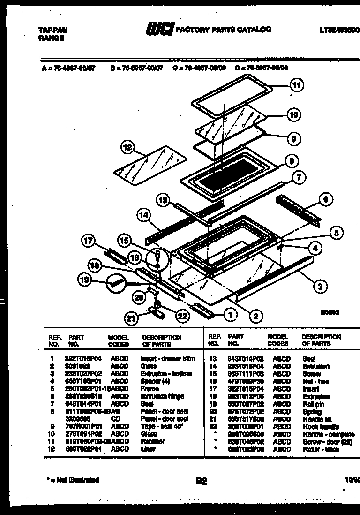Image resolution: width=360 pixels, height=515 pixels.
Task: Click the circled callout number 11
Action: pyautogui.click(x=296, y=85)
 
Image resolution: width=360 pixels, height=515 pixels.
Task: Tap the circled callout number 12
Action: pyautogui.click(x=127, y=148)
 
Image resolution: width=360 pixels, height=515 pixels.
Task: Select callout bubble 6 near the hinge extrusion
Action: pyautogui.click(x=326, y=199)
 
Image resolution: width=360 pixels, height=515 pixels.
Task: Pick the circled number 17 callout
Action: pyautogui.click(x=88, y=242)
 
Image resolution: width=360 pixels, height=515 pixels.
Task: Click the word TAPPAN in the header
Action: pyautogui.click(x=52, y=30)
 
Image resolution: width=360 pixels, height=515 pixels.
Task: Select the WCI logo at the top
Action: pyautogui.click(x=159, y=30)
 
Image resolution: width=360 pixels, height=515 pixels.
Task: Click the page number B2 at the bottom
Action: pyautogui.click(x=201, y=480)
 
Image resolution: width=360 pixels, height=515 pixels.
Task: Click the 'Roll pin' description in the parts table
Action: pyautogui.click(x=313, y=404)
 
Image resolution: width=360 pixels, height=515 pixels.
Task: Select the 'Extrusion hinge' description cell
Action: pyautogui.click(x=162, y=396)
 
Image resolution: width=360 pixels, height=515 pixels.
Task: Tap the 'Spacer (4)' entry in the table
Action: pyautogui.click(x=155, y=381)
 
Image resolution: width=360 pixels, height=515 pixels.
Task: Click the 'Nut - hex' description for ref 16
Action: pyautogui.click(x=314, y=381)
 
